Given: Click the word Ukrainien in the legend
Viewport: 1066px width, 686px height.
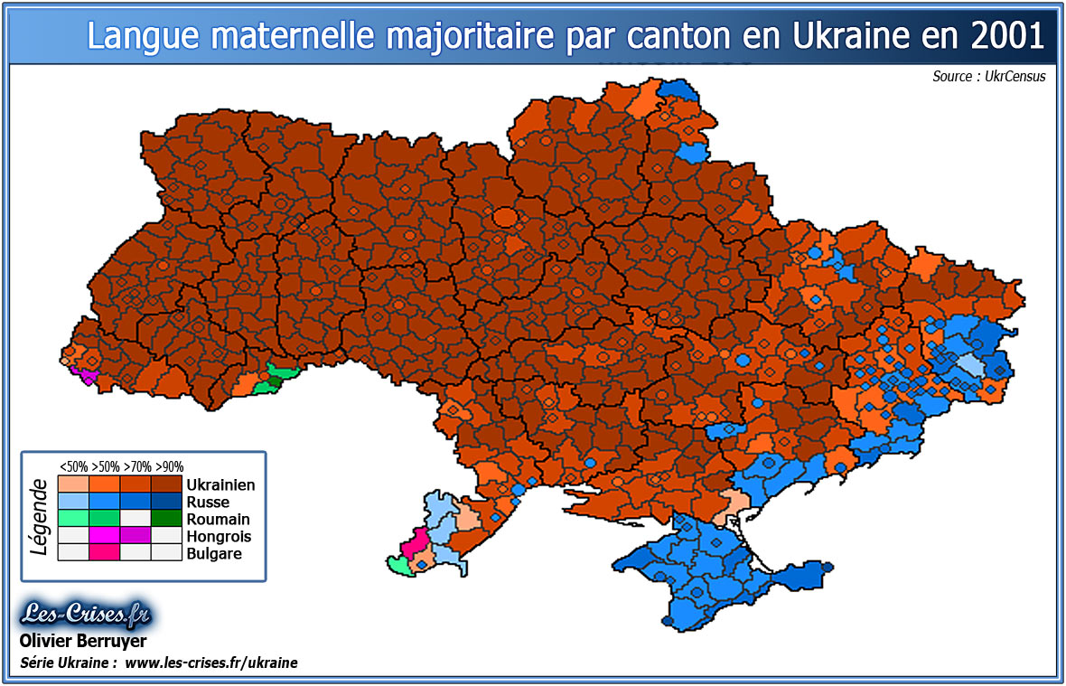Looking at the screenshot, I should pyautogui.click(x=220, y=485).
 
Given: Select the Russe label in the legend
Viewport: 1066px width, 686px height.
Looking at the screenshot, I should pyautogui.click(x=208, y=503).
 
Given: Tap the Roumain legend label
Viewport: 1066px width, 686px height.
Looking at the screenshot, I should pyautogui.click(x=218, y=520).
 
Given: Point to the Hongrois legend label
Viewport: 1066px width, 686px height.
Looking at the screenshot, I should pyautogui.click(x=219, y=537).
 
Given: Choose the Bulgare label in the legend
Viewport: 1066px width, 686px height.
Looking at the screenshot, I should pyautogui.click(x=214, y=553).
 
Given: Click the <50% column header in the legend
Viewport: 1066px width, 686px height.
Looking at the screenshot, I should pyautogui.click(x=73, y=467).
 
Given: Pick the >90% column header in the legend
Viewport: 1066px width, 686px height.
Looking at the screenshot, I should pyautogui.click(x=169, y=467).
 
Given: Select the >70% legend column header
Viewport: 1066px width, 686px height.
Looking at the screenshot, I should pyautogui.click(x=137, y=467).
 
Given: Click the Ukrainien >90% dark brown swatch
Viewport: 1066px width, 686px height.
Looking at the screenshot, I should pyautogui.click(x=167, y=484).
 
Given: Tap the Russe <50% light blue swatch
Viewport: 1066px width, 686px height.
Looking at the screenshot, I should pyautogui.click(x=73, y=502).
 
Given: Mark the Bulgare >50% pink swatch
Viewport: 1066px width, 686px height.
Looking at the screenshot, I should pyautogui.click(x=105, y=553).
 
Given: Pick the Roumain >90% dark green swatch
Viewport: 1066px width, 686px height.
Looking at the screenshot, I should pyautogui.click(x=167, y=519).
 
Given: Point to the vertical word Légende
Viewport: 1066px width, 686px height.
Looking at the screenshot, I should pyautogui.click(x=39, y=516).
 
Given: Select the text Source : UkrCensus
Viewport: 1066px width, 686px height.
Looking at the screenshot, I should pyautogui.click(x=988, y=77).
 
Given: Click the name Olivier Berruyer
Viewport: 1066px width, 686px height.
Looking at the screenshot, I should pyautogui.click(x=82, y=642).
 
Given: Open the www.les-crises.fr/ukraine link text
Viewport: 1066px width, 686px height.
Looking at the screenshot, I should pyautogui.click(x=210, y=663).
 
